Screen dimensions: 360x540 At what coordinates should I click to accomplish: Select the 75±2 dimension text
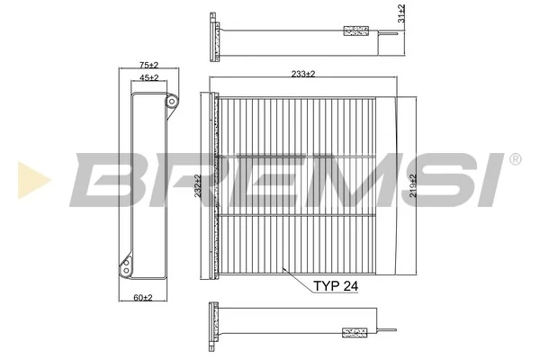(x=148, y=65)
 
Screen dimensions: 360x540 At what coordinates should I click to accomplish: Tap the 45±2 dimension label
(x=148, y=78)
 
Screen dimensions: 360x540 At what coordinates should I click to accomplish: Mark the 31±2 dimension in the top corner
(x=401, y=13)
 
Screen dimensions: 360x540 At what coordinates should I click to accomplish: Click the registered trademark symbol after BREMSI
(x=514, y=159)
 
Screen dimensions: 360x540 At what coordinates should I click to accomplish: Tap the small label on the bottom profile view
(x=356, y=331)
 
